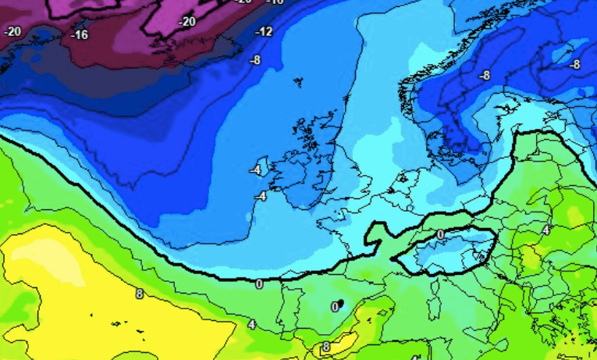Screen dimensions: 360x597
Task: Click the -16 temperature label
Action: [80, 35]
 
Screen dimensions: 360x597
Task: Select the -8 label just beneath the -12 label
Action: [254, 59]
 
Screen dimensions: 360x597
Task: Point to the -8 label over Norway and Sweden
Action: [484, 75]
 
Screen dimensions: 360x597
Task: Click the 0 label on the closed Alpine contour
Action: [439, 234]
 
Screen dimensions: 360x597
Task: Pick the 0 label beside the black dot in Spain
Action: [334, 307]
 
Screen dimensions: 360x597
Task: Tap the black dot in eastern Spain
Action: [341, 303]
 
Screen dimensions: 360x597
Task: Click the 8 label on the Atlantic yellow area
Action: [139, 294]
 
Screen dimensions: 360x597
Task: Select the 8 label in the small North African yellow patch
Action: [326, 346]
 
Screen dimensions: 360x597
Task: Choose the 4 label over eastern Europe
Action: [546, 230]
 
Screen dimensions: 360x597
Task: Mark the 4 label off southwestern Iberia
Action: [252, 324]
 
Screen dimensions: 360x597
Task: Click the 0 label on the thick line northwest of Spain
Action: [259, 284]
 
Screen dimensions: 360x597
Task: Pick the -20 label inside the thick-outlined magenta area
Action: [187, 22]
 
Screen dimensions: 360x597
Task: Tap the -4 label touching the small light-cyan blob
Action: [254, 169]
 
